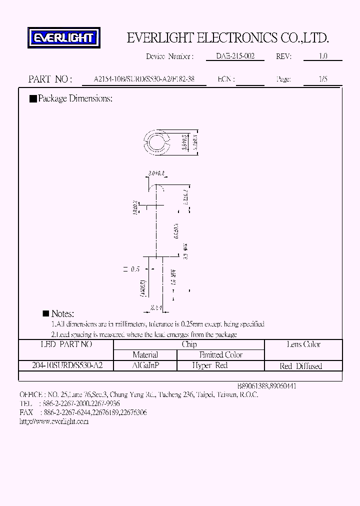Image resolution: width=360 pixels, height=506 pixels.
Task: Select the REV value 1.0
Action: point(323,56)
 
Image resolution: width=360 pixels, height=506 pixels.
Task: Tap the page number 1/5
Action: point(323,79)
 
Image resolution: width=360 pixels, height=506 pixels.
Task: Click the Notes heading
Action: point(62,314)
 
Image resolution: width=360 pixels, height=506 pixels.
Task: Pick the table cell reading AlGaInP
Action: point(145,365)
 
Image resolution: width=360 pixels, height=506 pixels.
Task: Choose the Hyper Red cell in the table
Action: point(209,365)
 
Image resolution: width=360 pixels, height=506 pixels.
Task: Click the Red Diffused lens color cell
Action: point(301,366)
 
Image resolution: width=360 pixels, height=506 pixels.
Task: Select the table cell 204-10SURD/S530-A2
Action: point(66,365)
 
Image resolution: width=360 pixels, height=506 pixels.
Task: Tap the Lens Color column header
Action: point(303,344)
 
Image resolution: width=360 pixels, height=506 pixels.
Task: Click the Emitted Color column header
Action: point(220,355)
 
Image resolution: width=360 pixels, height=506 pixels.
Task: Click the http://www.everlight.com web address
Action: point(53,421)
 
